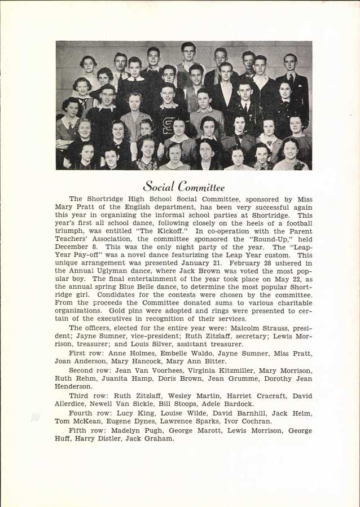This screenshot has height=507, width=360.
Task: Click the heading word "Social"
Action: pos(159,186)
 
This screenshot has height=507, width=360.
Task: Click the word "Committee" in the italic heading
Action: pos(201,187)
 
